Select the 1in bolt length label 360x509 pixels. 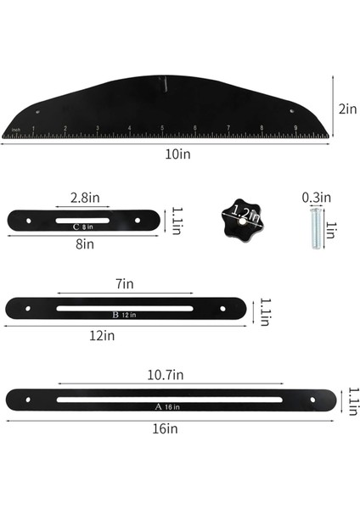click(332, 228)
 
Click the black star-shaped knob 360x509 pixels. click(239, 219)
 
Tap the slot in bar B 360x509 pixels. click(126, 307)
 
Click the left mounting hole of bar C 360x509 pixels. click(28, 221)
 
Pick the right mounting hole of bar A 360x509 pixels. click(313, 399)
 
